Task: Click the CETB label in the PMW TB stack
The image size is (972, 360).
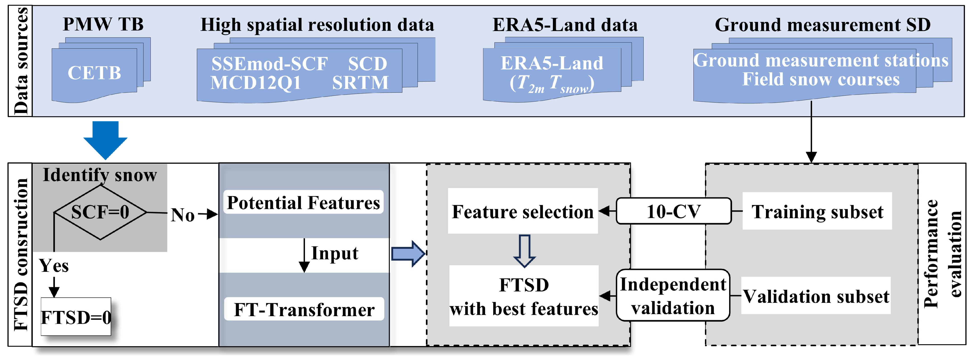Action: pyautogui.click(x=94, y=73)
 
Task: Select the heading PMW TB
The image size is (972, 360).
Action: pyautogui.click(x=103, y=25)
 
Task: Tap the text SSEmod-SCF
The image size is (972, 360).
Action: pyautogui.click(x=269, y=64)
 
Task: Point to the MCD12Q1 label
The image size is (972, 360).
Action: pyautogui.click(x=256, y=83)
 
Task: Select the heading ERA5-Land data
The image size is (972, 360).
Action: pyautogui.click(x=565, y=25)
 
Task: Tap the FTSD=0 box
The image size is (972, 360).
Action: pyautogui.click(x=76, y=317)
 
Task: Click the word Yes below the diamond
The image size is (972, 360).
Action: pyautogui.click(x=54, y=266)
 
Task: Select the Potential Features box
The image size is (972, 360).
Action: pyautogui.click(x=303, y=203)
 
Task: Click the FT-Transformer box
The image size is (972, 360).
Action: pyautogui.click(x=304, y=309)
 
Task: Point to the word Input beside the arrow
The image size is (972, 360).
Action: pyautogui.click(x=335, y=253)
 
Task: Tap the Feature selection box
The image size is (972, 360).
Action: pyautogui.click(x=523, y=211)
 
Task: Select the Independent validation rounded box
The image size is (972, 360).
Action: pyautogui.click(x=673, y=295)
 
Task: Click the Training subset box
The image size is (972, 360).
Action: pyautogui.click(x=817, y=211)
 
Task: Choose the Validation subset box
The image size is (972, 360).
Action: pyautogui.click(x=816, y=296)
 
